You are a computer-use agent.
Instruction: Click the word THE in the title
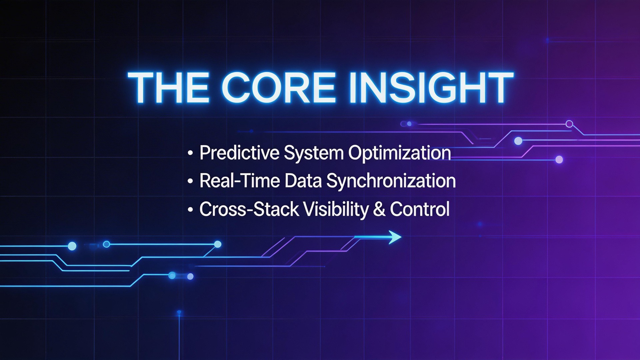pos(168,88)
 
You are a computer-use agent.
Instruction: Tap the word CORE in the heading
pos(278,88)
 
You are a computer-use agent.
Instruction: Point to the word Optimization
pos(399,153)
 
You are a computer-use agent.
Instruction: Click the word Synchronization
pos(391,181)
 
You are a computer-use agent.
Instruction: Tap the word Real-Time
pos(239,181)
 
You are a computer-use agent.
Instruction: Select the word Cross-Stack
pos(249,209)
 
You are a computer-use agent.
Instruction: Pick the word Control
pos(420,209)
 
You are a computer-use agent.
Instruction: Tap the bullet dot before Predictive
pos(190,153)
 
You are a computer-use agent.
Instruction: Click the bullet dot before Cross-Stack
pos(190,210)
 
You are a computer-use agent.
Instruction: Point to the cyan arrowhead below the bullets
pos(395,237)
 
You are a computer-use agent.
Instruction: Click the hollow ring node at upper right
pos(569,124)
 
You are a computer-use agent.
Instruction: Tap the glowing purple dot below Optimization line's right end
pos(559,160)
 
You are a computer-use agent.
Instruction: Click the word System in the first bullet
pos(313,153)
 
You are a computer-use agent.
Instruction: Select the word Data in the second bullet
pos(303,181)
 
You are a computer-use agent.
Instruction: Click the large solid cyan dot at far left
pos(72,246)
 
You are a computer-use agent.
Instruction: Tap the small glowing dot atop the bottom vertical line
pos(179,312)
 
